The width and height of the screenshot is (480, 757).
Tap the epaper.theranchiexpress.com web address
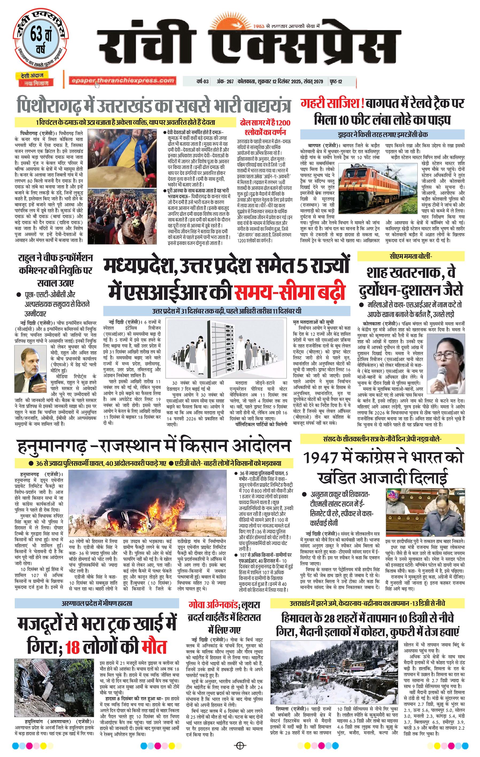(x=122, y=81)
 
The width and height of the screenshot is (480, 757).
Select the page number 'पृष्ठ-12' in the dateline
(x=336, y=82)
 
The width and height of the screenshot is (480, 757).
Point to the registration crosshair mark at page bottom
(x=240, y=745)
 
